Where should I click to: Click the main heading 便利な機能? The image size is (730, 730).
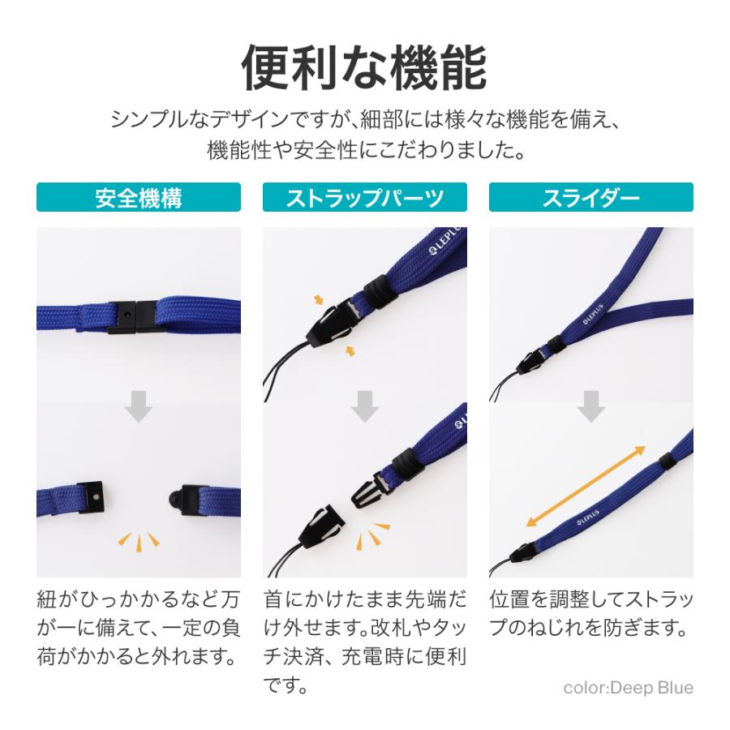pyautogui.click(x=364, y=68)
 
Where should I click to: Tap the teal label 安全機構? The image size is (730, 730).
pyautogui.click(x=138, y=198)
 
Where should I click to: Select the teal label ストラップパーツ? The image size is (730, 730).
pyautogui.click(x=364, y=198)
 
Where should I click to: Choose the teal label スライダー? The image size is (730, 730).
pyautogui.click(x=590, y=198)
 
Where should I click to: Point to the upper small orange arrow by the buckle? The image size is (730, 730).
pyautogui.click(x=320, y=301)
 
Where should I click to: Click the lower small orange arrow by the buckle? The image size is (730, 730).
pyautogui.click(x=350, y=350)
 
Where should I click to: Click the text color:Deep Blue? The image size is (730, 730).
pyautogui.click(x=628, y=688)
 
